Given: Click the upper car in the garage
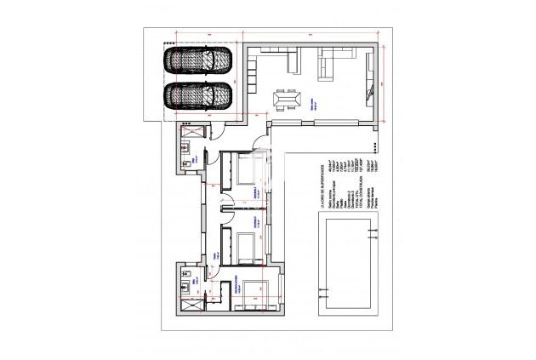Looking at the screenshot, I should click(x=199, y=60).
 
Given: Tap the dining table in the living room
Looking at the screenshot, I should click(x=285, y=100).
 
